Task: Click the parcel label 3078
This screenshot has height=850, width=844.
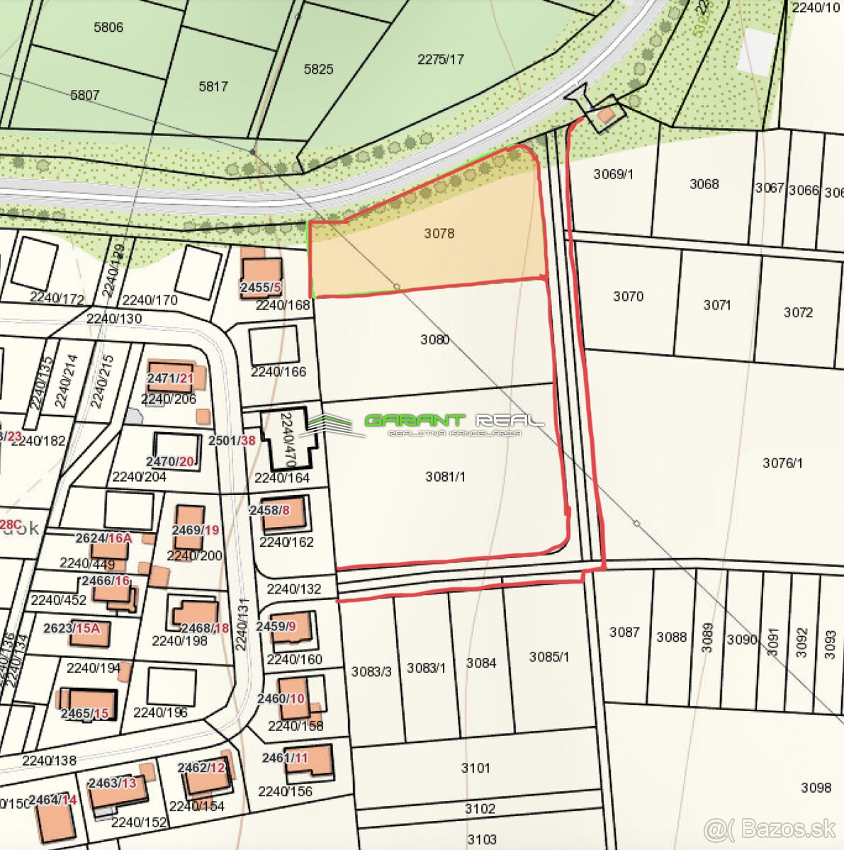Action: (x=439, y=233)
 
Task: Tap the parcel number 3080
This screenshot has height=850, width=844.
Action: (x=434, y=339)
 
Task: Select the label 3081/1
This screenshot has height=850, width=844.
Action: (x=445, y=477)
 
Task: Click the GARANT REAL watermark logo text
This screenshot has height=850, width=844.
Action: (x=454, y=421)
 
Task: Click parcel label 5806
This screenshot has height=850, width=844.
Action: (x=108, y=27)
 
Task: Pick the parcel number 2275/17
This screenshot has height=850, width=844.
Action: (x=440, y=59)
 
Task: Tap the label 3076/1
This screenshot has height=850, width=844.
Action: (x=782, y=463)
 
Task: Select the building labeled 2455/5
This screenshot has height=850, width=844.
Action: (x=261, y=276)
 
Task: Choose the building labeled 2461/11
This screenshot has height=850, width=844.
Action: (x=309, y=761)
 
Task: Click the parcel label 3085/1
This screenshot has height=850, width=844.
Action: (x=548, y=657)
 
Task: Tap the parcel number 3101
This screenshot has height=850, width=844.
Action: (x=475, y=767)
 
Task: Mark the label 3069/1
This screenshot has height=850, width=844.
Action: (x=613, y=174)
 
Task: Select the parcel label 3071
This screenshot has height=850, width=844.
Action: (x=716, y=305)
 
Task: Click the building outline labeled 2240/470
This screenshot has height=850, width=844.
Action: (x=287, y=435)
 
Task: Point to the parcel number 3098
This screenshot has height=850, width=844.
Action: (x=816, y=787)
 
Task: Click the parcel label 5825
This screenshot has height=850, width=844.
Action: (x=318, y=69)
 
